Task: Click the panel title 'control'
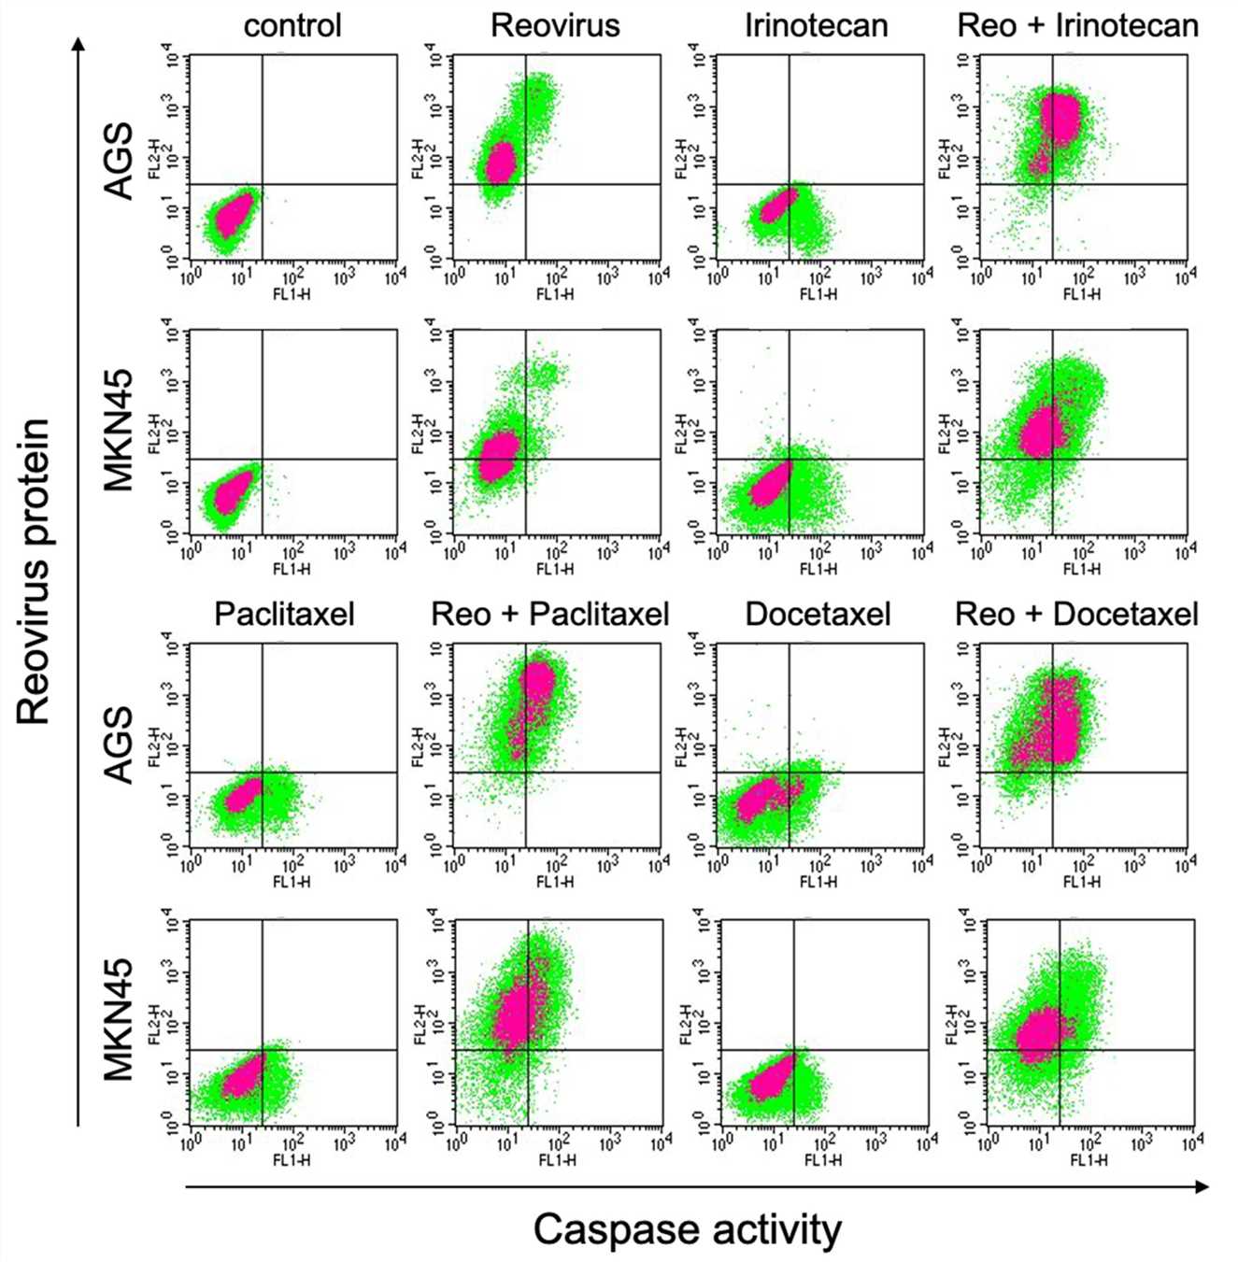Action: click(292, 25)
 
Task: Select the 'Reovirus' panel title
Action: click(555, 25)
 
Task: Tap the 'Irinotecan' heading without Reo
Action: click(816, 25)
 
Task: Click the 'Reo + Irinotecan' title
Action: click(1077, 25)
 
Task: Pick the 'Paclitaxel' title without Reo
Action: click(284, 614)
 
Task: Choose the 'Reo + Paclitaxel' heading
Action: click(550, 614)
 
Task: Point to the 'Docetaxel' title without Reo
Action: click(818, 614)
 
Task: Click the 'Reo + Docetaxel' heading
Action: click(1076, 614)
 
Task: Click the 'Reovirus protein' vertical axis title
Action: click(34, 572)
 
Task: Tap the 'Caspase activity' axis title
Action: click(687, 1229)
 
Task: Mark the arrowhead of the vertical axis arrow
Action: click(78, 45)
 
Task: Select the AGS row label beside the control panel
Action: click(119, 161)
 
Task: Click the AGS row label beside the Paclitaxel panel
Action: click(119, 745)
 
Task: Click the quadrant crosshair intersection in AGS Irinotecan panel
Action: click(790, 184)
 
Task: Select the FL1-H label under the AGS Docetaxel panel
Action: click(818, 882)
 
